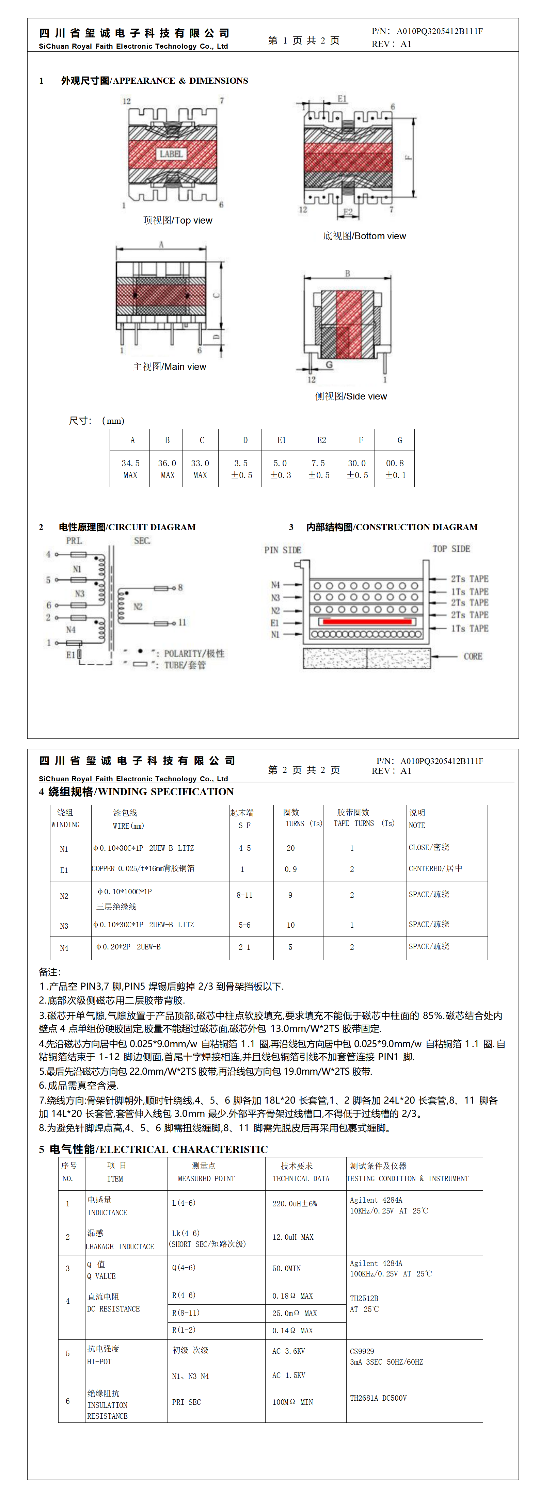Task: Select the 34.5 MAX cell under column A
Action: [130, 469]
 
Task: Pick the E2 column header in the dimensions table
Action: [321, 440]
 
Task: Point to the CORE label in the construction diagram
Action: [473, 656]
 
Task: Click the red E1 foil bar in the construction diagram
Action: [367, 622]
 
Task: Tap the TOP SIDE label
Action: [451, 549]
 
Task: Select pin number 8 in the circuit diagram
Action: [180, 587]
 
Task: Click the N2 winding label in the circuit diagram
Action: [138, 606]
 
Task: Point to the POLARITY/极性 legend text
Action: [194, 654]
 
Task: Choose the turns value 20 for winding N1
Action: [290, 848]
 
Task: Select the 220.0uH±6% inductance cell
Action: [295, 1204]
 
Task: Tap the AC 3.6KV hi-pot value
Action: [289, 1351]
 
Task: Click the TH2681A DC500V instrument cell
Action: [378, 1398]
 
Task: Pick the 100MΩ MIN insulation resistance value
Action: [293, 1402]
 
